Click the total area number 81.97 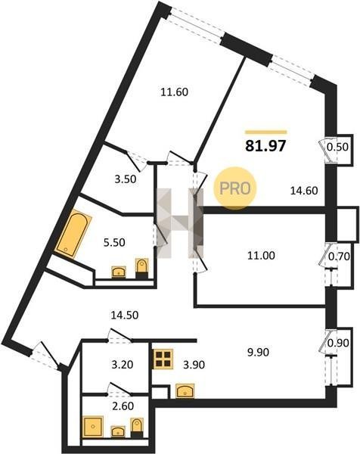click(x=265, y=146)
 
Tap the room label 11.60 click(x=175, y=92)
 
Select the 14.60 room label click(x=304, y=191)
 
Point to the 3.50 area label click(x=126, y=179)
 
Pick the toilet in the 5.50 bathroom click(x=141, y=269)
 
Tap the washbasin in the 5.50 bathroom click(x=119, y=272)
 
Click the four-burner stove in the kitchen click(x=163, y=359)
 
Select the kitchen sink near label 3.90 click(x=185, y=390)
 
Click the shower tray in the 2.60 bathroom click(x=93, y=427)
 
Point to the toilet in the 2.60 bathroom click(x=137, y=428)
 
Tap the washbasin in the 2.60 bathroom click(x=118, y=431)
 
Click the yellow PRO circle click(x=235, y=188)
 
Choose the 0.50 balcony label click(x=337, y=147)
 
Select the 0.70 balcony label click(x=339, y=257)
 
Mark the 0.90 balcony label click(x=338, y=343)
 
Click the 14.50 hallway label click(x=125, y=315)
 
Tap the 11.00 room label click(x=261, y=256)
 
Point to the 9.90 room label click(x=258, y=352)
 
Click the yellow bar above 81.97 click(x=265, y=132)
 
